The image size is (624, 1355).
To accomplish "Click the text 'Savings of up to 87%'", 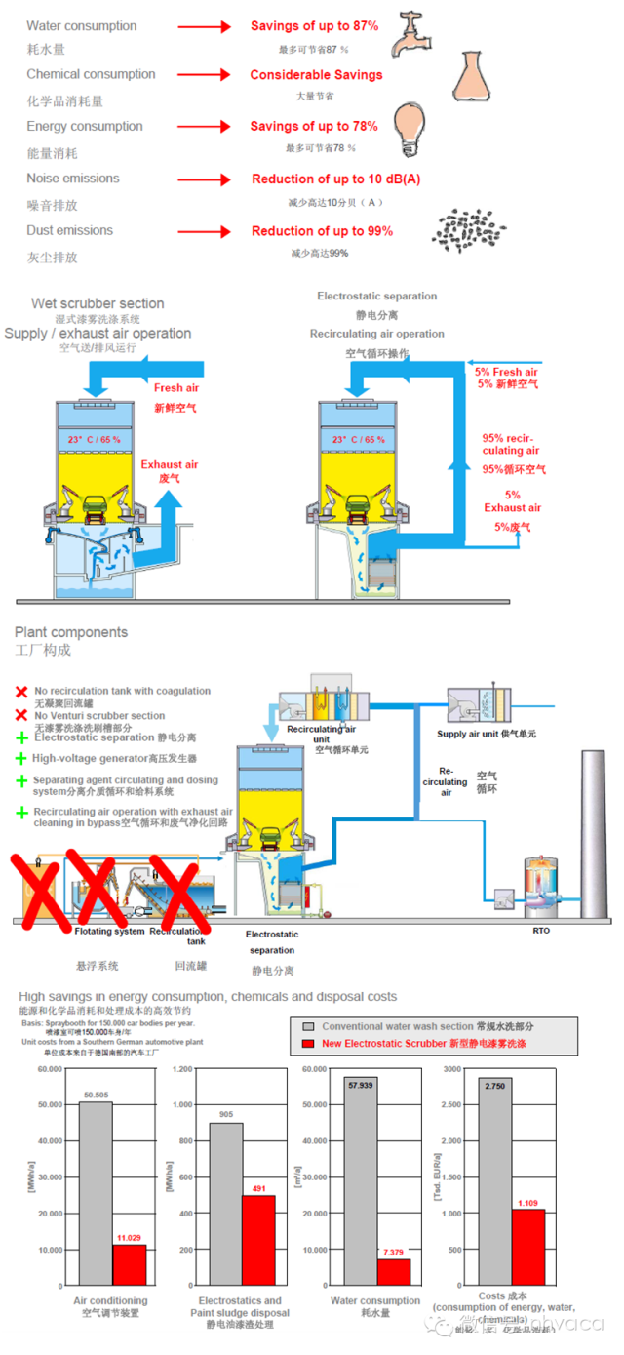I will (314, 26).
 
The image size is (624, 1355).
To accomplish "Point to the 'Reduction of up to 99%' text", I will (322, 231).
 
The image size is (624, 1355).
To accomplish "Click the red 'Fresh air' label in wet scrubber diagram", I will (175, 388).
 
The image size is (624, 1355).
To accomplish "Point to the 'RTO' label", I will (541, 931).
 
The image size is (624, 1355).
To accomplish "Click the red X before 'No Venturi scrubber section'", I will (20, 715).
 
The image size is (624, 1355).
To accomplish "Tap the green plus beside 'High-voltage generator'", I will (20, 757).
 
